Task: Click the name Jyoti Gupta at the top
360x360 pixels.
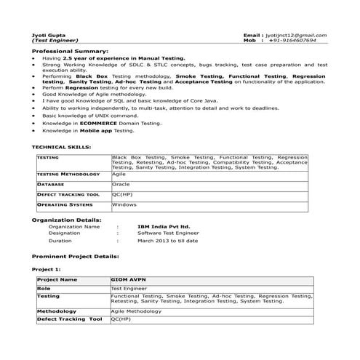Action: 47,35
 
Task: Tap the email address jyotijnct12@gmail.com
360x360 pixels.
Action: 295,35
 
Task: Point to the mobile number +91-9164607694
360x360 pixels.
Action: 293,41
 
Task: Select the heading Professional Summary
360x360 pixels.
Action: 70,52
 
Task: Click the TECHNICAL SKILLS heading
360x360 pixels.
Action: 61,147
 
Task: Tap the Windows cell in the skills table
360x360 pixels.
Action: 124,205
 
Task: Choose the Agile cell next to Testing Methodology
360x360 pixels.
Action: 119,175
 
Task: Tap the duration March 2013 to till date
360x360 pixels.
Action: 167,240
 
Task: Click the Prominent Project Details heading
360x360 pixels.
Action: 76,257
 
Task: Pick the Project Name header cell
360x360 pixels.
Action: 57,279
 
